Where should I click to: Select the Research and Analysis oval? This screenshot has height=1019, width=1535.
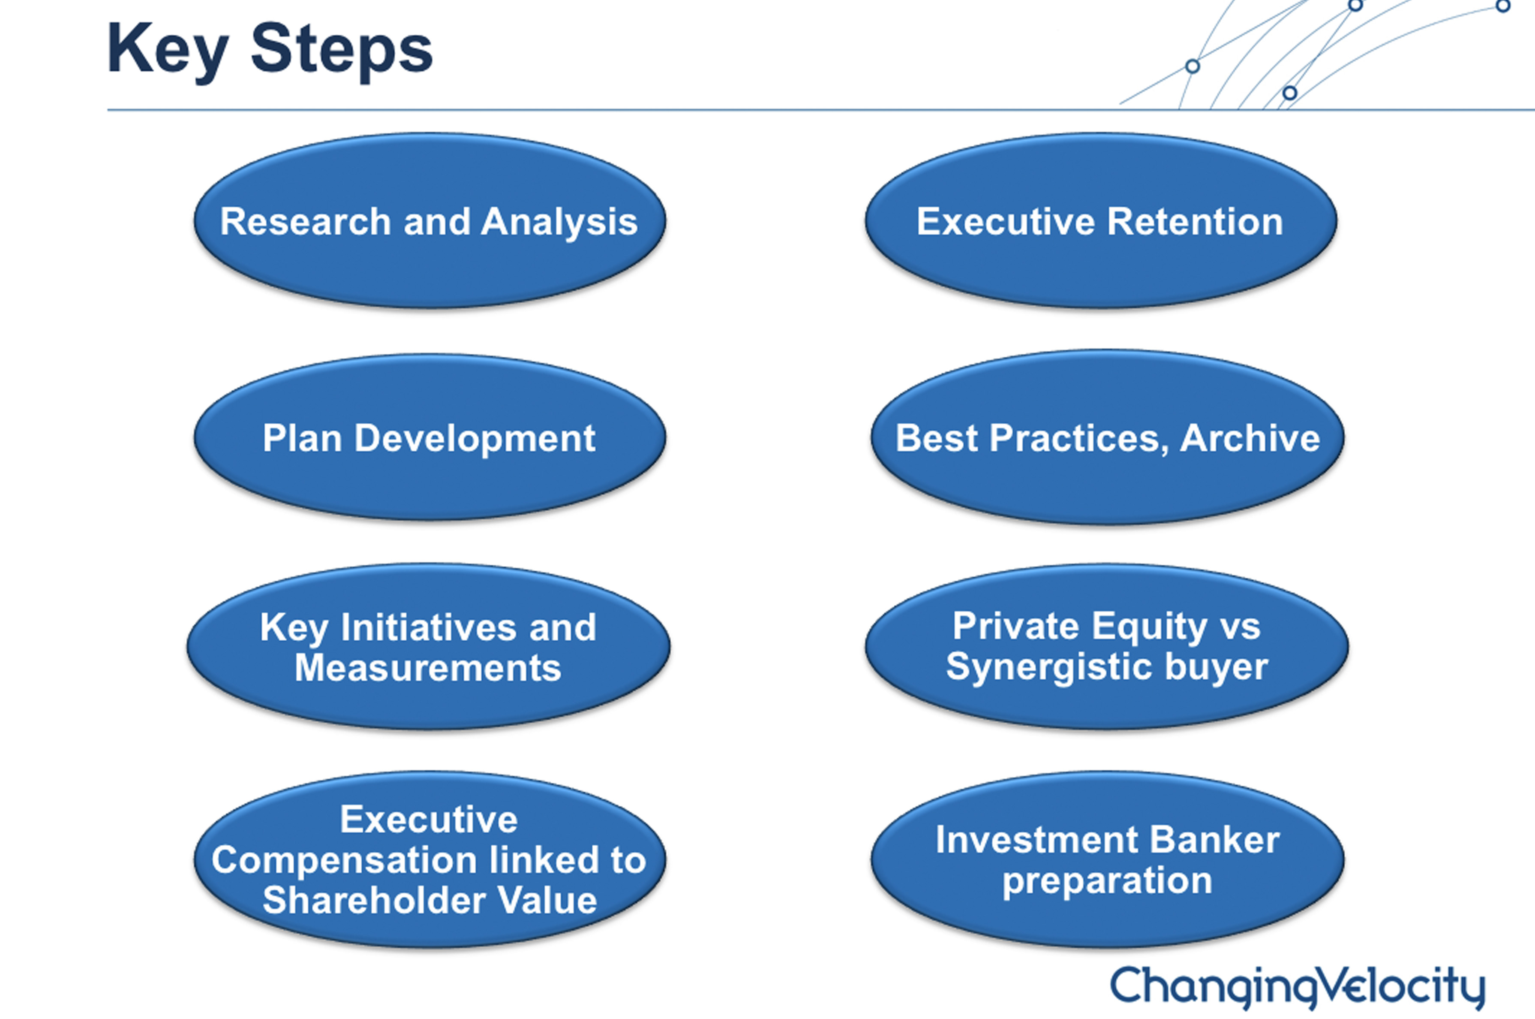[x=430, y=220]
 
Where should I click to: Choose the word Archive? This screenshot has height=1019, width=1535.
[x=1250, y=437]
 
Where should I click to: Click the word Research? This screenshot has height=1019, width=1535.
[x=305, y=222]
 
